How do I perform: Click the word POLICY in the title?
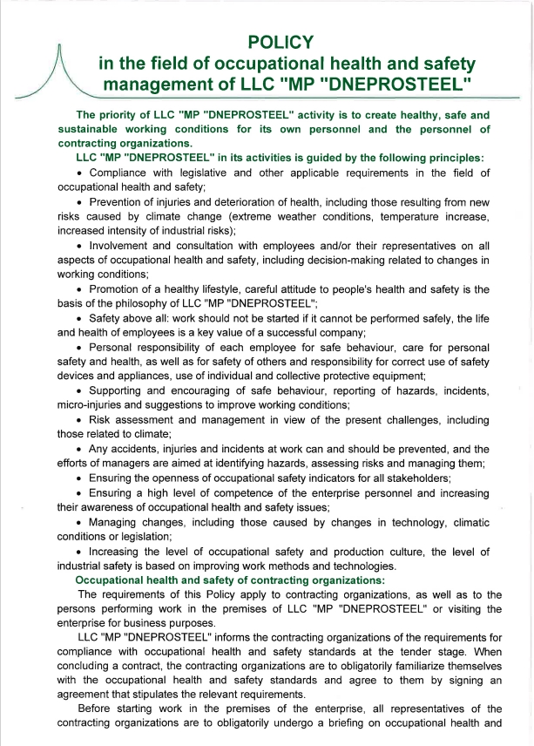[280, 41]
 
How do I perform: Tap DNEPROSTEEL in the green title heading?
[396, 85]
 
